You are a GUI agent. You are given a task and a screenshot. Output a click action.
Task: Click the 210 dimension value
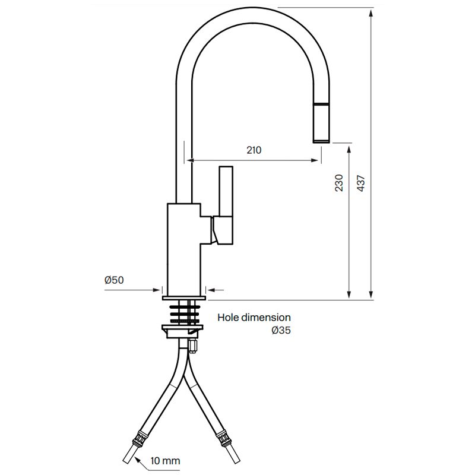[254, 150]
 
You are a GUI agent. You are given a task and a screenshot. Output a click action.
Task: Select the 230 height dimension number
[339, 183]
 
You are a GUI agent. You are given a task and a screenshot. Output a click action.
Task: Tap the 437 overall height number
[361, 183]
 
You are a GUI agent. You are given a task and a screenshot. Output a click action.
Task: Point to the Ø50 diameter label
[114, 280]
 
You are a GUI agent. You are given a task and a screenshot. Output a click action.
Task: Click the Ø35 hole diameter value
[281, 330]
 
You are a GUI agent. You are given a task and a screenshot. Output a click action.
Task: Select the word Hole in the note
[228, 318]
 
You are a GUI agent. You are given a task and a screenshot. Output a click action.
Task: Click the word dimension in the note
[266, 318]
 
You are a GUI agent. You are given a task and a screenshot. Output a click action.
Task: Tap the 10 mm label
[166, 461]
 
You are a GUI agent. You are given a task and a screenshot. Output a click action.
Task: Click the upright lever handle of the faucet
[226, 191]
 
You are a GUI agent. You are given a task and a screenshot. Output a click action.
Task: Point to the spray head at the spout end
[321, 123]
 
